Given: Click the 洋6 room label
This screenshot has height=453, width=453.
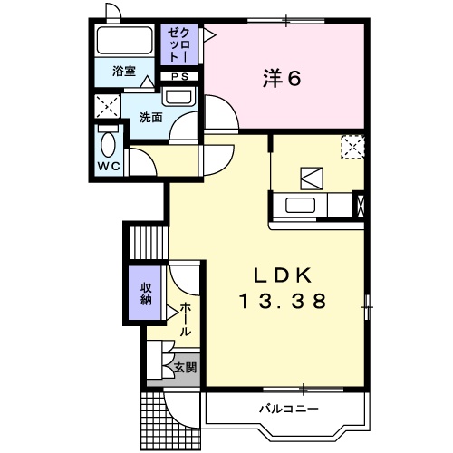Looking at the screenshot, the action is [282, 78].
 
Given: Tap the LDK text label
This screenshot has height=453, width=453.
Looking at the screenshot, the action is [283, 275].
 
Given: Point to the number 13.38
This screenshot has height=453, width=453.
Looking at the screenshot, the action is [283, 301].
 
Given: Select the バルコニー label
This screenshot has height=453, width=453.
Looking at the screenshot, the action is [289, 409].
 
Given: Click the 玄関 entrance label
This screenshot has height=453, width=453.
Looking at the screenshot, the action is [186, 368].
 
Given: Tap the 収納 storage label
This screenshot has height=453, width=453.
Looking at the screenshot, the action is [146, 294].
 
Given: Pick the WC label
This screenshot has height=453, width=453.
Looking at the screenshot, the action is [109, 166].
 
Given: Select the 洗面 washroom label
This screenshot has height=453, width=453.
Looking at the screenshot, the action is [150, 117].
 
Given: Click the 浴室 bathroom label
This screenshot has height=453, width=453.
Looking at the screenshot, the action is [124, 72].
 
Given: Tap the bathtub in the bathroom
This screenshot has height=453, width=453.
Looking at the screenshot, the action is [123, 41].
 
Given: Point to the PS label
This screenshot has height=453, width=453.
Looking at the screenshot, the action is [180, 77].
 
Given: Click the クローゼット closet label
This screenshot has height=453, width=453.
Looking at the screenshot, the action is [179, 44].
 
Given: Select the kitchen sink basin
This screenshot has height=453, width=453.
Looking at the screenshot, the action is [301, 205].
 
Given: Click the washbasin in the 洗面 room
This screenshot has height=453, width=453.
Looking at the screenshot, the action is [178, 96].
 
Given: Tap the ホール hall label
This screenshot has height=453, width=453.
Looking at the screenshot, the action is [186, 320].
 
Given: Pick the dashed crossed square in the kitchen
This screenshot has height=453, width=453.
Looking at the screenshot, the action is [352, 147].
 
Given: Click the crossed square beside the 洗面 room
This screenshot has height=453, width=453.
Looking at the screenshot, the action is [108, 106].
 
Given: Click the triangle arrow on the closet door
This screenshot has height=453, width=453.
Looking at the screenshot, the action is [210, 35].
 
